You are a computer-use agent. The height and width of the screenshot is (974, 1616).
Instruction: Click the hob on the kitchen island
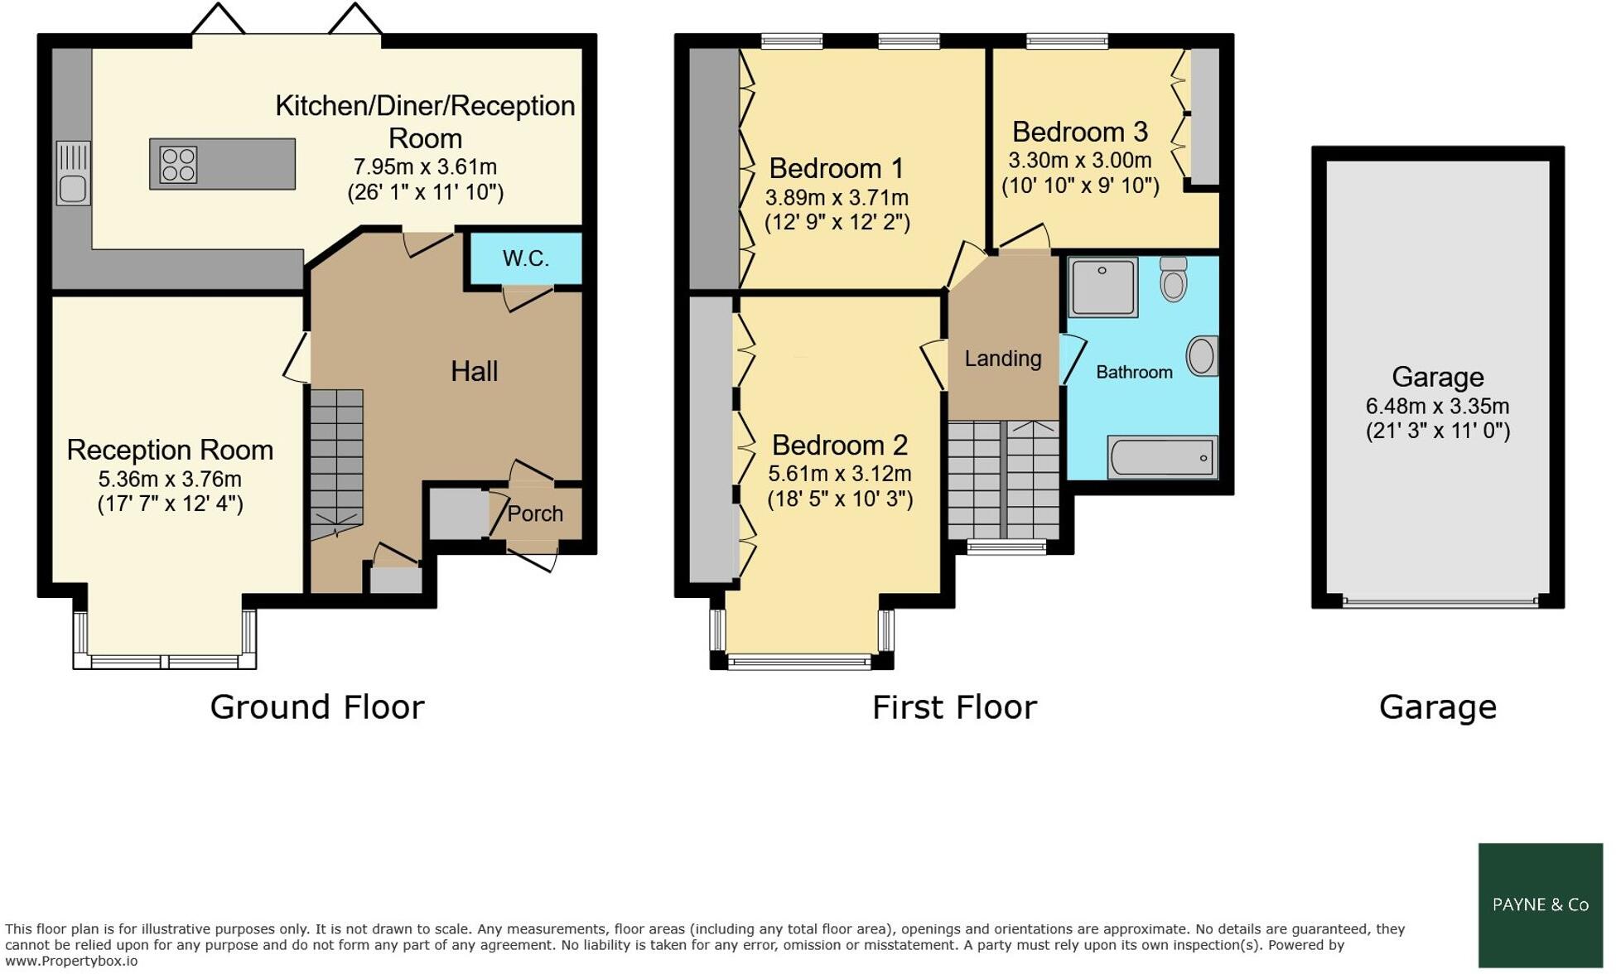click(x=179, y=165)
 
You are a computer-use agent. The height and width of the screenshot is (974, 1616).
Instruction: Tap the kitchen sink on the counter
click(x=73, y=189)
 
